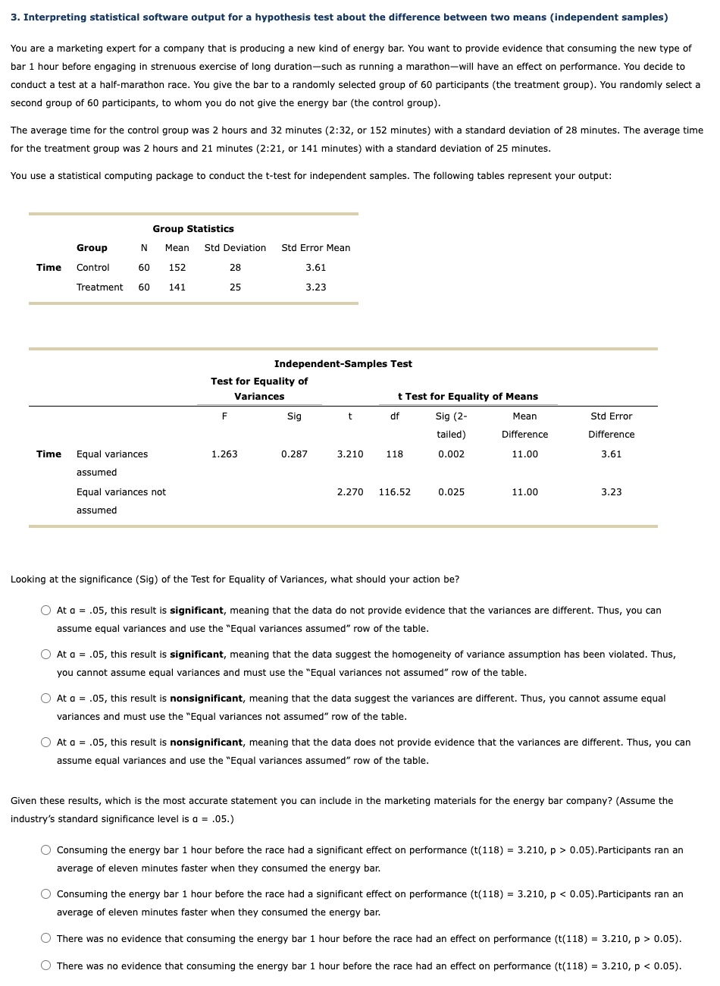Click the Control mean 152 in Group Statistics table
tap(177, 267)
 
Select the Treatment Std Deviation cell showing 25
tap(235, 287)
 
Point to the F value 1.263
tap(224, 454)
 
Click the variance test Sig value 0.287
tap(294, 454)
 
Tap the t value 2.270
tap(349, 491)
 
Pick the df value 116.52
tap(394, 491)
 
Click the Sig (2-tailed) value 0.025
tap(451, 491)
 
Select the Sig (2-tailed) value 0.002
tap(451, 454)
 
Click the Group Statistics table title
tap(193, 228)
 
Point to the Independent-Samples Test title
tap(343, 363)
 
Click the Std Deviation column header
tap(235, 247)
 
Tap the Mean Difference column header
tap(524, 425)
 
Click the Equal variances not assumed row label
tap(121, 501)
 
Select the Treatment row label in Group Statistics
tap(99, 287)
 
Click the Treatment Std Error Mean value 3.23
tap(315, 287)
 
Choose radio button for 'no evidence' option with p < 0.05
tap(46, 966)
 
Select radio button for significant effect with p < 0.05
tap(46, 894)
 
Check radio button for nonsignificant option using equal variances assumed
tap(46, 743)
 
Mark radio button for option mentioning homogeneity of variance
tap(46, 654)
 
